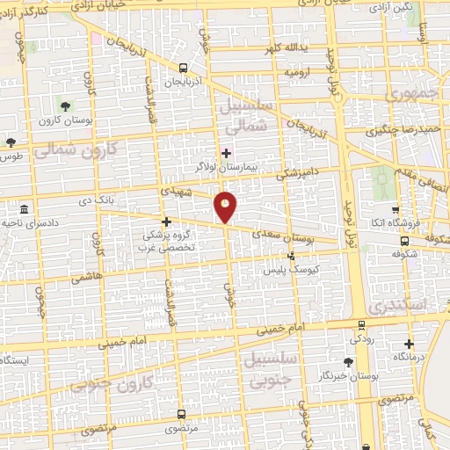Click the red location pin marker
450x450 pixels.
point(226,207)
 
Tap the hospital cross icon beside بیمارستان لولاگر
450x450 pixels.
point(226,152)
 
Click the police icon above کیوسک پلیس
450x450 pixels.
point(292,257)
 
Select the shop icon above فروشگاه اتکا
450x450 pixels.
point(396,210)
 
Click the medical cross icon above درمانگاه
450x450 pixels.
point(409,344)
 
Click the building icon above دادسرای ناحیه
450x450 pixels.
point(23,210)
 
